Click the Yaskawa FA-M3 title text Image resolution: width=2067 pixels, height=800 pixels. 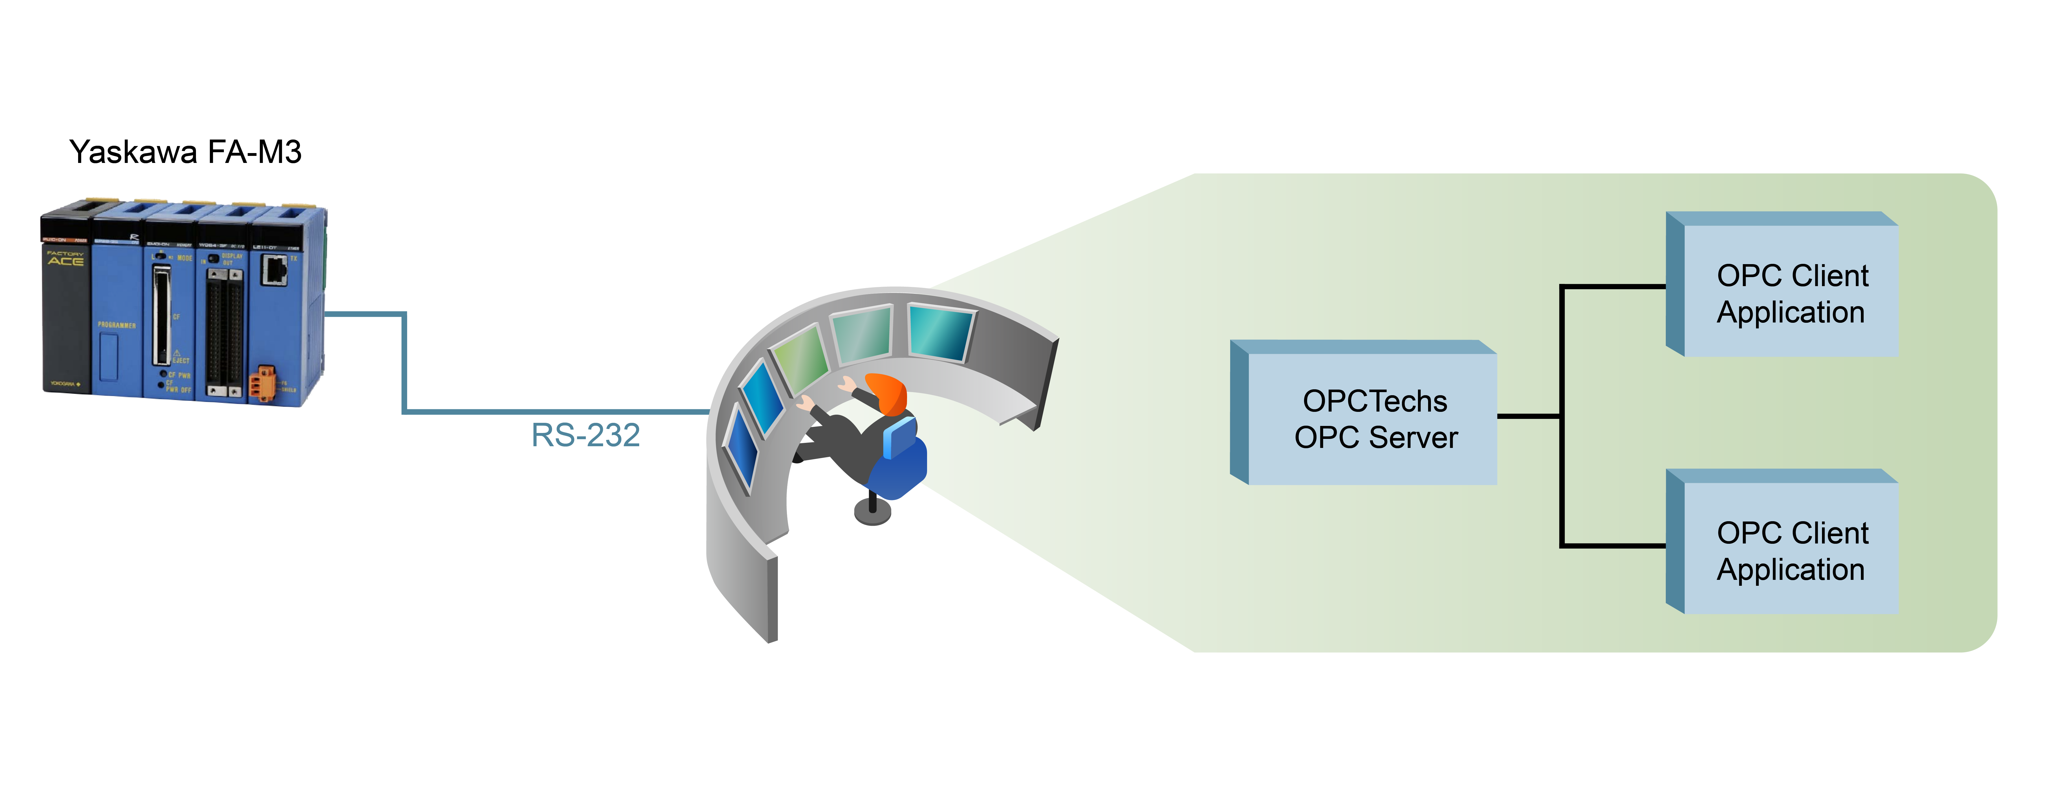[x=185, y=152]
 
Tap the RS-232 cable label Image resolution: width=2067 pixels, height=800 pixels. [x=586, y=435]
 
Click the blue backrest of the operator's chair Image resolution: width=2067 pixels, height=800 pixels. [x=900, y=437]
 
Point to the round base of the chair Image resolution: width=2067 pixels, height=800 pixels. [x=872, y=512]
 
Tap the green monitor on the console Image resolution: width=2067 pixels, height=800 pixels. [x=801, y=359]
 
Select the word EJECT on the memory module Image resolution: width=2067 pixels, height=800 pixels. [x=180, y=360]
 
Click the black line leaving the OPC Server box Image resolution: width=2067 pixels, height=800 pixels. [x=1528, y=416]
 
